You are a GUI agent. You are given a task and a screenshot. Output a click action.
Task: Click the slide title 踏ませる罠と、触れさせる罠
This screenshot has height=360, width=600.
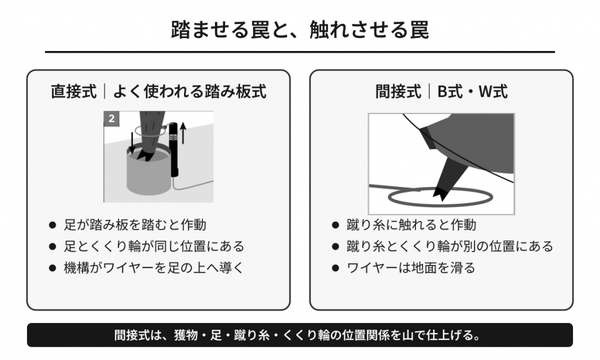coord(299,30)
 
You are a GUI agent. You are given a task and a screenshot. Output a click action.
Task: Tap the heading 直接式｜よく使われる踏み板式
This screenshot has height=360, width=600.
coord(158,92)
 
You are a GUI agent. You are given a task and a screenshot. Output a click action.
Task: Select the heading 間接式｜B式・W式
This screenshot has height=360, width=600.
coord(441,92)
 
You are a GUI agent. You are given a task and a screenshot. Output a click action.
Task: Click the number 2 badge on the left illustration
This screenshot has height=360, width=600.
coord(111,118)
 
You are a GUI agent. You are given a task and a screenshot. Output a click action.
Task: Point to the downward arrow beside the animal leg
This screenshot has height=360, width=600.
coord(132,143)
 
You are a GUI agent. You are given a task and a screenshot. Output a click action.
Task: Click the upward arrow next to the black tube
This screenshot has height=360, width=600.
coord(183,133)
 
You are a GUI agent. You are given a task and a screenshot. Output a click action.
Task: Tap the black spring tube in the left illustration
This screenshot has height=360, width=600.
coord(173,150)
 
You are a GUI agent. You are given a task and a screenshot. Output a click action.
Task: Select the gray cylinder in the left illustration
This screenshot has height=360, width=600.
coord(148,172)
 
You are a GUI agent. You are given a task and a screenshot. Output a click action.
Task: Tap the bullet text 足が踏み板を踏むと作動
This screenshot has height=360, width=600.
coord(135,225)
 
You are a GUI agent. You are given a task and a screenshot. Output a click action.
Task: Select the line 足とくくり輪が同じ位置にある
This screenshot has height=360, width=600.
coord(154,246)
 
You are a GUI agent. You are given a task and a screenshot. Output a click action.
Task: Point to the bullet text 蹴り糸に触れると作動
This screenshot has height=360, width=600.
coord(411,225)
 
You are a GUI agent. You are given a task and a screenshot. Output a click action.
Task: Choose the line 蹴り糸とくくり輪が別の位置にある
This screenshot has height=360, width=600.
coord(449,246)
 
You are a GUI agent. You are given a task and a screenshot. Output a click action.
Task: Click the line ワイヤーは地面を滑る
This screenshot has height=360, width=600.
coord(411,268)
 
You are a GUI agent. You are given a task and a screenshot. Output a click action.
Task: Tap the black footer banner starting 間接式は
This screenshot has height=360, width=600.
coord(300,335)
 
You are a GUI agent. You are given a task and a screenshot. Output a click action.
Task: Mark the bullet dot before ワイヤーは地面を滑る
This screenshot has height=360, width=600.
coord(336,268)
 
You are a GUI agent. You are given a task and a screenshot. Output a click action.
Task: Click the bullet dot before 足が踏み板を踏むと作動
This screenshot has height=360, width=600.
coord(53,225)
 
